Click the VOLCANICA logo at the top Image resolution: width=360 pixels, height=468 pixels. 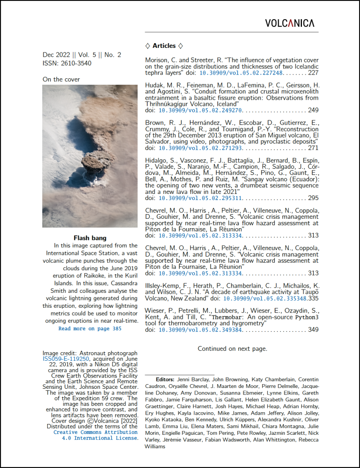290,23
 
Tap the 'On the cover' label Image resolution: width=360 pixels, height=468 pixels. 61,79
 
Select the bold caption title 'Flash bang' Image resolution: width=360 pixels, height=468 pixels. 90,238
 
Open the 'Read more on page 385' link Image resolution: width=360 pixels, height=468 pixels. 90,329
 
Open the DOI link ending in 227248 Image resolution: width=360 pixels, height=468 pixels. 241,74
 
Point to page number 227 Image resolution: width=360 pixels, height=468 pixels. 313,74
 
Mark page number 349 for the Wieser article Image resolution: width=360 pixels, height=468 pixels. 313,330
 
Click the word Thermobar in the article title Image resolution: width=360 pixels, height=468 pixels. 228,317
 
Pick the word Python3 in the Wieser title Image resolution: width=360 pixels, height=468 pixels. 306,317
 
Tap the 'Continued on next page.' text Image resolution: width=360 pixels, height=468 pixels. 232,349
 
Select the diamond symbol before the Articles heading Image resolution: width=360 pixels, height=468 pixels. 147,46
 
